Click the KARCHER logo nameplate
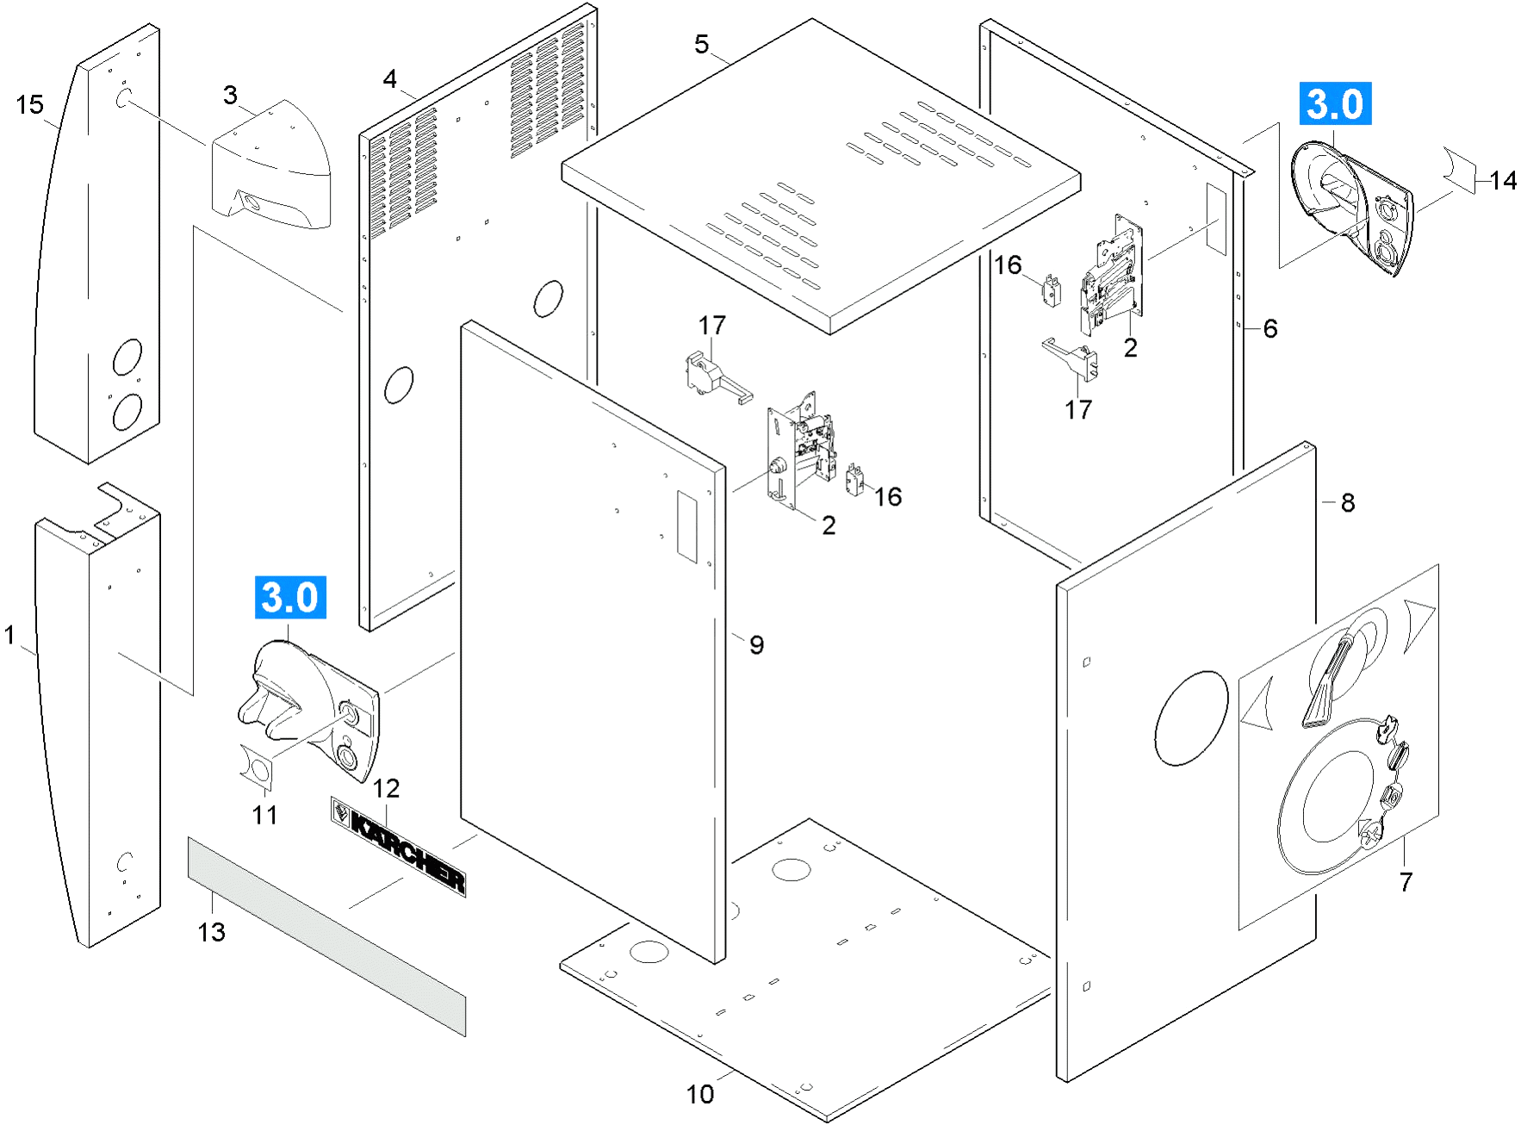(399, 846)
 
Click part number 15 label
(29, 105)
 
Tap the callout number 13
(211, 932)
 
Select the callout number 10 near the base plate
(700, 1094)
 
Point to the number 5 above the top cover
(701, 44)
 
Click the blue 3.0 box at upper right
(1335, 104)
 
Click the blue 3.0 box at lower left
(290, 598)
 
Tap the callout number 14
(1503, 180)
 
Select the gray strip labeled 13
(326, 936)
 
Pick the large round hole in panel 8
(1191, 718)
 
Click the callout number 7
(1406, 882)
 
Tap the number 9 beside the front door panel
(756, 644)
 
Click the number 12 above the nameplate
(386, 788)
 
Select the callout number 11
(264, 815)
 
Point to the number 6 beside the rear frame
(1270, 328)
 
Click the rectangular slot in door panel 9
(686, 526)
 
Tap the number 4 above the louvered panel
(390, 79)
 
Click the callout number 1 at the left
(9, 636)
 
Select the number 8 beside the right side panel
(1348, 502)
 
